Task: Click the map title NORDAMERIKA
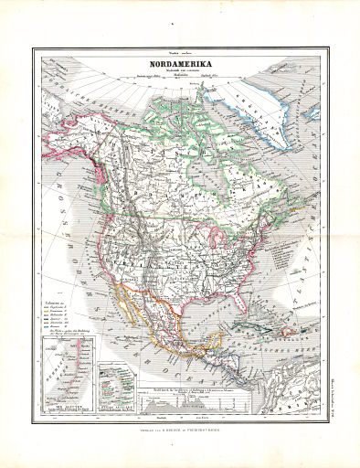coord(179,65)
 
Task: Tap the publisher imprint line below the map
coord(179,430)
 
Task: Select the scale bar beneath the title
coord(179,80)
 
